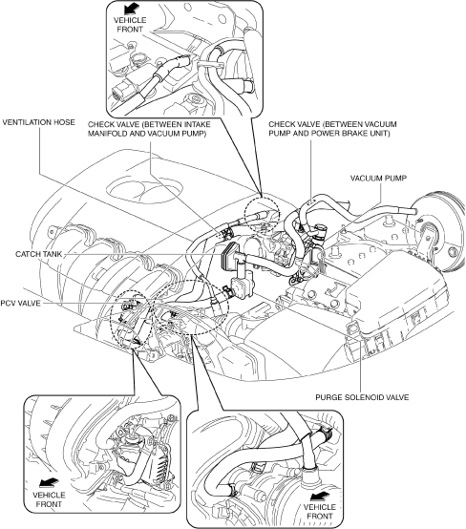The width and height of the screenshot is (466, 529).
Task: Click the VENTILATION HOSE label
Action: (38, 122)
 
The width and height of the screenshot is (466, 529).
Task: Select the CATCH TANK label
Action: (39, 254)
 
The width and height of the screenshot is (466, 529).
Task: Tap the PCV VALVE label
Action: (20, 304)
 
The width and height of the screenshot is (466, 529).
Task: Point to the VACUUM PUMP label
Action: (378, 179)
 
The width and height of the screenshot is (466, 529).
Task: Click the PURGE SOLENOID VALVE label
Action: (362, 397)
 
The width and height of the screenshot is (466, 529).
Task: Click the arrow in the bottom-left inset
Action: (49, 483)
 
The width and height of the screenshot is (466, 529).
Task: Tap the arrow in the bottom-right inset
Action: (319, 495)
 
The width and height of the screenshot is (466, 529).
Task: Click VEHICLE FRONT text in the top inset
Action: (130, 25)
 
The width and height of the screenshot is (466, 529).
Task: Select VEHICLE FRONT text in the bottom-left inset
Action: (49, 499)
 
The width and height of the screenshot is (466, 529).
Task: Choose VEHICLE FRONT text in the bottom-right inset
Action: (320, 512)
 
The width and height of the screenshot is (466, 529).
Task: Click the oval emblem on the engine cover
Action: (145, 191)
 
